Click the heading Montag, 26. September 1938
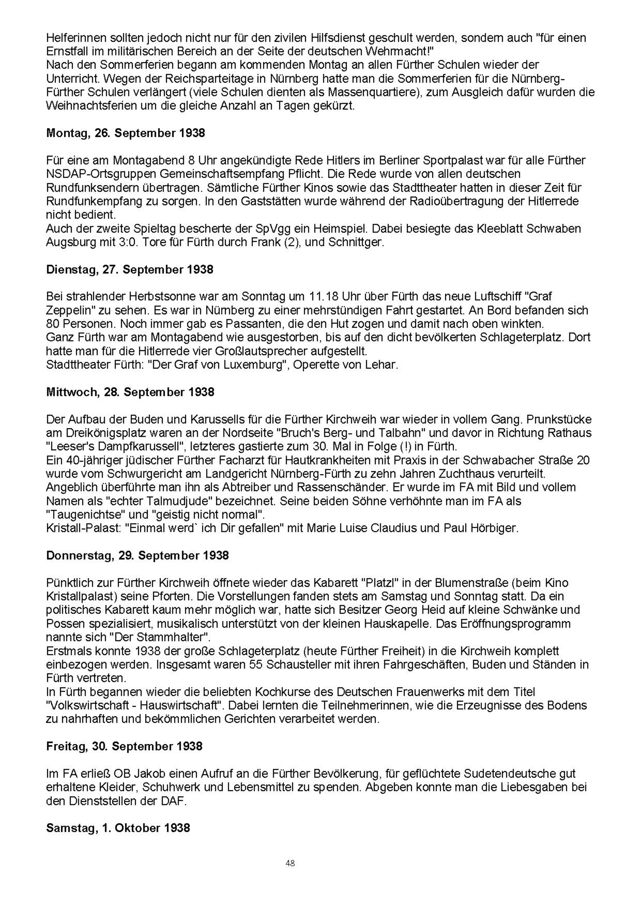coord(126,133)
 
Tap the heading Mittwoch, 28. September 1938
coord(130,392)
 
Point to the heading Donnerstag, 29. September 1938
coord(137,555)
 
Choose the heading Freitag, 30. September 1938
coord(124,746)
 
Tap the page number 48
coord(290,863)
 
